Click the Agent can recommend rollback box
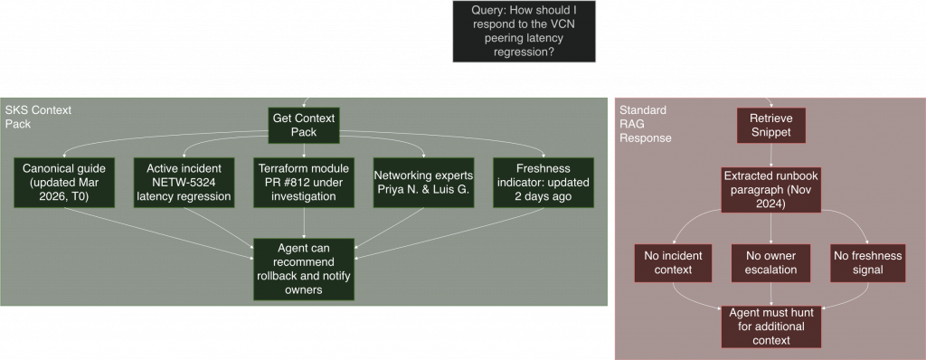point(304,268)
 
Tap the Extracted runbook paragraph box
point(770,189)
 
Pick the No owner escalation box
point(770,262)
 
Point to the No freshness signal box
point(867,262)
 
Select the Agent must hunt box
point(770,326)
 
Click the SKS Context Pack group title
point(38,116)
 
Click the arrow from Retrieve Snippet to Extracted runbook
point(770,156)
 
